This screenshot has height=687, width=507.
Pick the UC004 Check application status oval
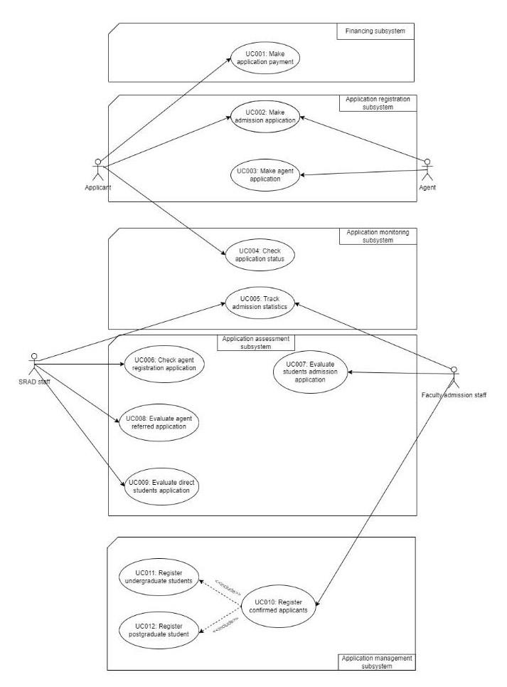260,254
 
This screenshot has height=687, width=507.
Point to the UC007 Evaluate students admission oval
310,370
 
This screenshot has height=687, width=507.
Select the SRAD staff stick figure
31,363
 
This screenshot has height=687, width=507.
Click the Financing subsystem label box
375,31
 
